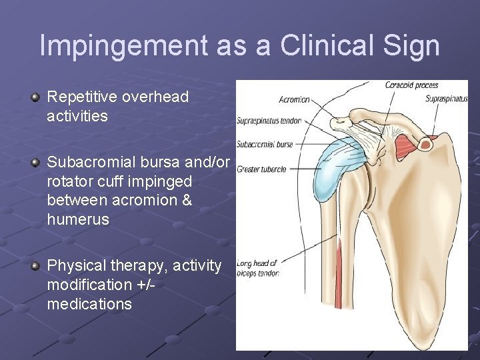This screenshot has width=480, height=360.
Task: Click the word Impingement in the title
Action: coord(123,46)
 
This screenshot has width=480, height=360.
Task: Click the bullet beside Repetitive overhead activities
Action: coord(35,97)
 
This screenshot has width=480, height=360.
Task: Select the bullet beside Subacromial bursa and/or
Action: coord(35,163)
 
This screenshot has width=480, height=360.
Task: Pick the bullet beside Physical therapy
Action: coord(35,266)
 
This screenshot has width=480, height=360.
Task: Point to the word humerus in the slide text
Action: coord(78,219)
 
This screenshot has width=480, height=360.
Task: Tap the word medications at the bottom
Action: coord(89,304)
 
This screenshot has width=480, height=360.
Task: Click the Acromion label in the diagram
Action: coord(293,100)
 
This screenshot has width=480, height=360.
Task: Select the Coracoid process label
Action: coord(411,85)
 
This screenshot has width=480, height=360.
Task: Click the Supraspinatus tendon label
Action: coord(269,121)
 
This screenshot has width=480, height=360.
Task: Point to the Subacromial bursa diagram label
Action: coord(266,143)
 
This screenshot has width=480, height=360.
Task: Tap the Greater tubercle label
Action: coord(261,169)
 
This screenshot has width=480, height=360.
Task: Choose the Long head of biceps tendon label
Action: coord(257,268)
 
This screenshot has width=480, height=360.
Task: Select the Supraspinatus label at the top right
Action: coord(446,99)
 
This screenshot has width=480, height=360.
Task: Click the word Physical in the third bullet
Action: coord(73,265)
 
